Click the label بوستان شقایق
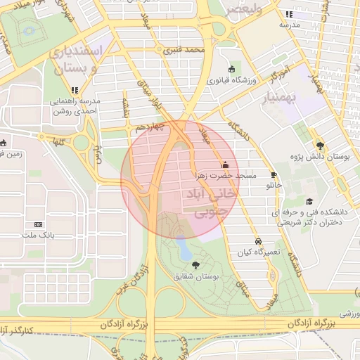(x=195, y=277)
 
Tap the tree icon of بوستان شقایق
(x=195, y=265)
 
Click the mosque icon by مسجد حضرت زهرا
(x=224, y=165)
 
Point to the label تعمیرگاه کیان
(x=258, y=252)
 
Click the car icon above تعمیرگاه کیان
(x=259, y=240)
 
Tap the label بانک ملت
(x=38, y=234)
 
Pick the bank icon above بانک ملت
(x=38, y=224)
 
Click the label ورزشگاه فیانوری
(x=232, y=81)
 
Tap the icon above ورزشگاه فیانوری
(x=232, y=69)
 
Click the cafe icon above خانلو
(x=274, y=174)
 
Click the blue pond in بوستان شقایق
(x=184, y=247)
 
